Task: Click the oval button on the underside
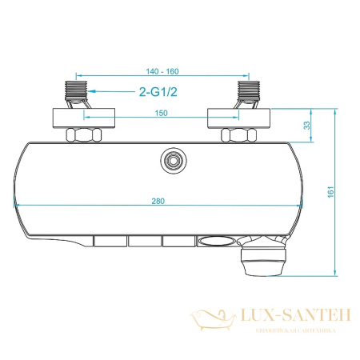[214, 239]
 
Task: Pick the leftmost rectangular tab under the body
[108, 240]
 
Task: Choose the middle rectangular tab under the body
[142, 240]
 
